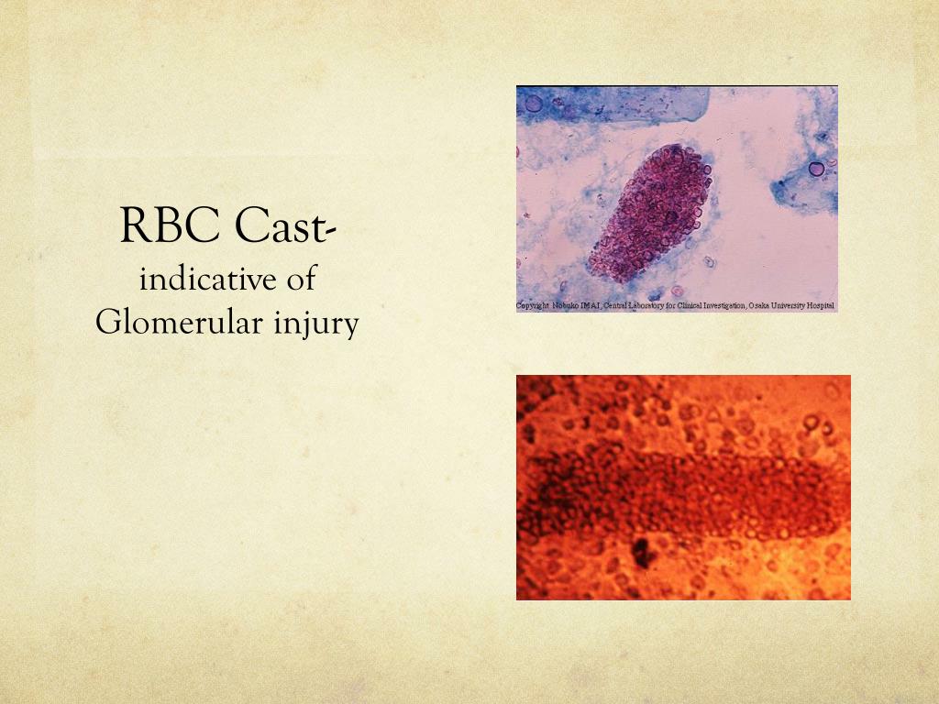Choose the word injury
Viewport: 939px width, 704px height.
313,322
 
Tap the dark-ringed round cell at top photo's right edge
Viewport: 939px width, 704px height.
816,169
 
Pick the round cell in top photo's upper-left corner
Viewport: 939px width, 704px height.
534,103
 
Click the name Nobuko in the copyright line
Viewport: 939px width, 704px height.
565,306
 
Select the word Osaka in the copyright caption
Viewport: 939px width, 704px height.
759,306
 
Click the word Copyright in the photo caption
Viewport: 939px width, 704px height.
532,306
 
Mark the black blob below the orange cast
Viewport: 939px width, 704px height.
640,553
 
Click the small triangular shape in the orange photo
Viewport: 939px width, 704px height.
713,414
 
